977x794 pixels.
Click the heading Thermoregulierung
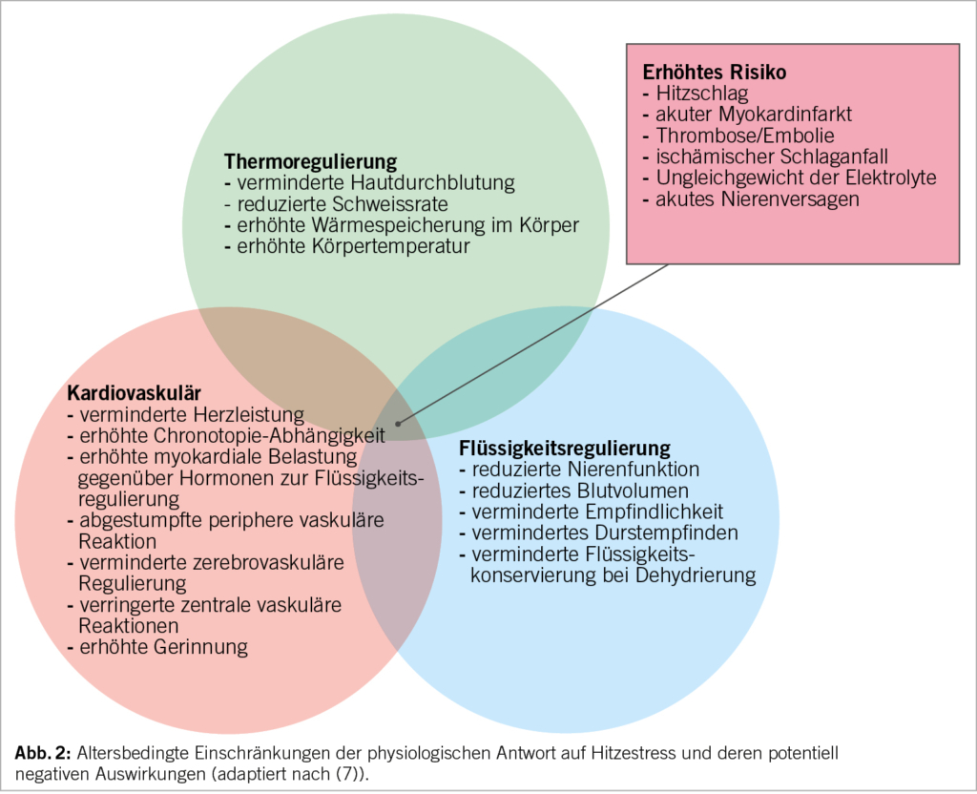click(x=310, y=161)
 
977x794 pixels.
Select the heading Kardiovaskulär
click(x=134, y=393)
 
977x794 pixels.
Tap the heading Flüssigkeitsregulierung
click(x=565, y=448)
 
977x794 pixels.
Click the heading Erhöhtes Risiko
click(x=714, y=73)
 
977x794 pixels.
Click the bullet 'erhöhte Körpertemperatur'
click(x=352, y=246)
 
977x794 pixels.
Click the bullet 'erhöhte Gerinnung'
click(x=163, y=647)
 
